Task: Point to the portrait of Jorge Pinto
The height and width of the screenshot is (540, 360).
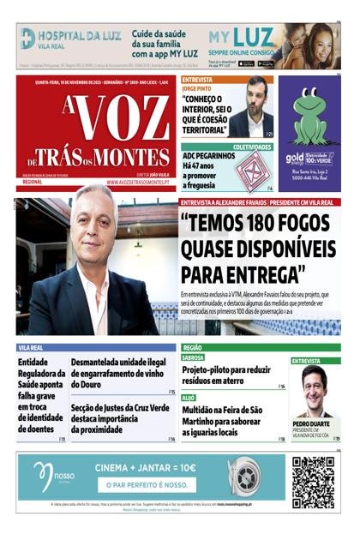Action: tap(255, 109)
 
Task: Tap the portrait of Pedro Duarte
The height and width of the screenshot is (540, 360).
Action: tap(314, 393)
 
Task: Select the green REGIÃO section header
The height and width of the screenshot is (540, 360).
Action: tap(193, 348)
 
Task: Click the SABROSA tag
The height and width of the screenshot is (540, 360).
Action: tap(193, 357)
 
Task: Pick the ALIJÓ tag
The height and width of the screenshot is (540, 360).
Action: tap(189, 398)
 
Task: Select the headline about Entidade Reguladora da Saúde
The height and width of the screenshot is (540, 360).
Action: tap(40, 396)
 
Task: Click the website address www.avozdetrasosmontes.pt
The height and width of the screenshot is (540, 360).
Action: tap(141, 183)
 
